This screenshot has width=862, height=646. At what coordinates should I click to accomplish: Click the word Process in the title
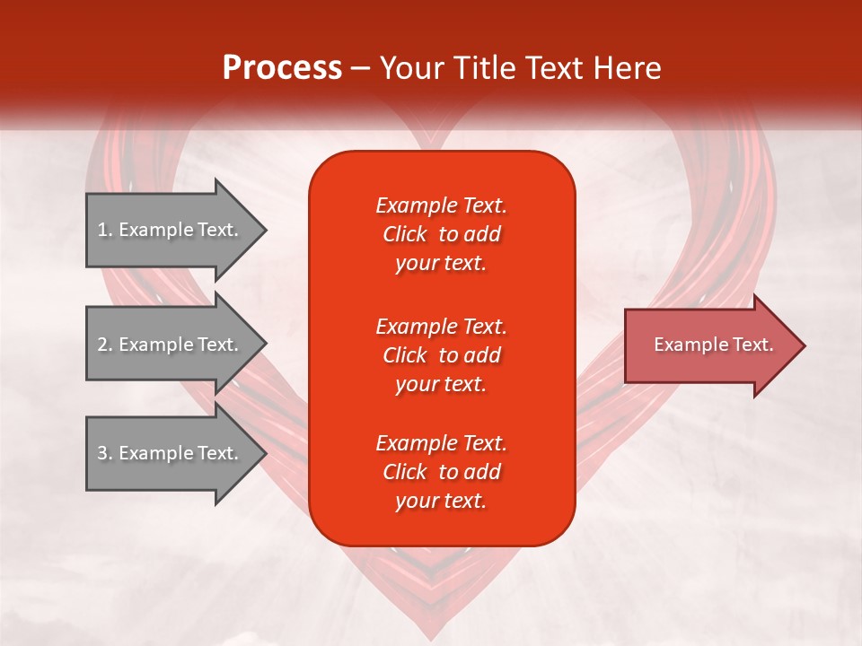[282, 68]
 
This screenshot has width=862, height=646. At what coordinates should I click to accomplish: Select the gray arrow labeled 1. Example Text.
[171, 230]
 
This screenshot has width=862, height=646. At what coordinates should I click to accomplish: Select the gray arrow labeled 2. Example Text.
[171, 345]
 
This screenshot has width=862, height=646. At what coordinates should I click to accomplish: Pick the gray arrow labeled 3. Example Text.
[171, 453]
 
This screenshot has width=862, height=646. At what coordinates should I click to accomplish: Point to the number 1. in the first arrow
[105, 230]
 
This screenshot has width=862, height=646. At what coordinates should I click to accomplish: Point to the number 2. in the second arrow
[105, 345]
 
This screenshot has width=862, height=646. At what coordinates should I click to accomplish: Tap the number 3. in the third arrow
[105, 453]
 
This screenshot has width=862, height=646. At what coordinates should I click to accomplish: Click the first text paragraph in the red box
[441, 234]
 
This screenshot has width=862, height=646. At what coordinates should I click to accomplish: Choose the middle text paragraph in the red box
[441, 355]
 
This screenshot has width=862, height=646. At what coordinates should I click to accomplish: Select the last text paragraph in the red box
[441, 472]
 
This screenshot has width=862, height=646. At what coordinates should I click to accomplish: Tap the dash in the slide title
[360, 68]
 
